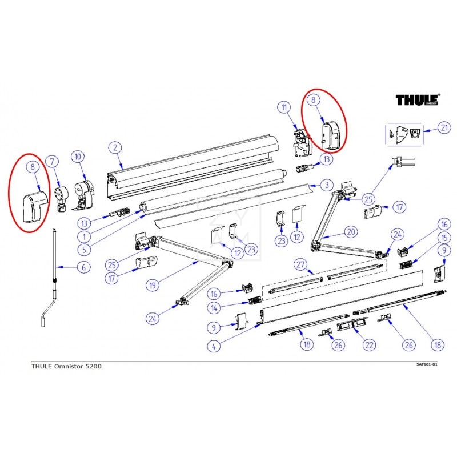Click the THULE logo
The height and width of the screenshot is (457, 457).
418,100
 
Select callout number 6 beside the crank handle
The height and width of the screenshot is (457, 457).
83,267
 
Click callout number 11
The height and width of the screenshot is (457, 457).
283,107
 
